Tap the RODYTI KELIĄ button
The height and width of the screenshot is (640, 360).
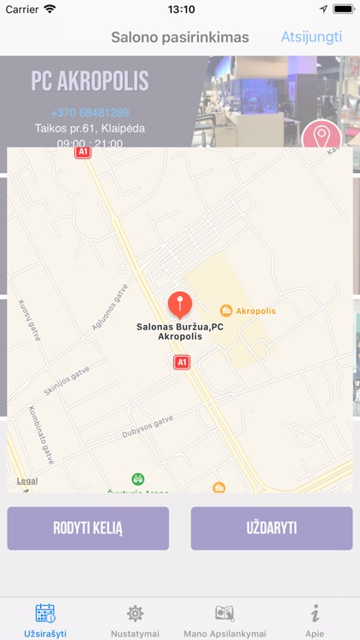tap(88, 528)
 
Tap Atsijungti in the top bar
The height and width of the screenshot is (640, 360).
tap(311, 37)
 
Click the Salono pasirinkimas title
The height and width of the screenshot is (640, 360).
tap(180, 37)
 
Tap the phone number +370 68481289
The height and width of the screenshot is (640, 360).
tap(90, 113)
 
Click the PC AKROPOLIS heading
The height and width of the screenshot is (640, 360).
tap(90, 82)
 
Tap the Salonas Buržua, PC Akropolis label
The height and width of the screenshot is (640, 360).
tap(180, 331)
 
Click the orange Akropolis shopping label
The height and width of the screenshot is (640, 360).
tap(248, 311)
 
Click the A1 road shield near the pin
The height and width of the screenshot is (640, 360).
tap(181, 362)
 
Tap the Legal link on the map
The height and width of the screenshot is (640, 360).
tap(26, 480)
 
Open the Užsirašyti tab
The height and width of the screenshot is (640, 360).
tap(45, 620)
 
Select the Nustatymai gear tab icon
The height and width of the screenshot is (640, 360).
tap(135, 614)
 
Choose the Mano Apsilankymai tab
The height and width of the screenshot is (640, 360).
tap(225, 620)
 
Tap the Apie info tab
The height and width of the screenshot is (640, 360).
tap(315, 620)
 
